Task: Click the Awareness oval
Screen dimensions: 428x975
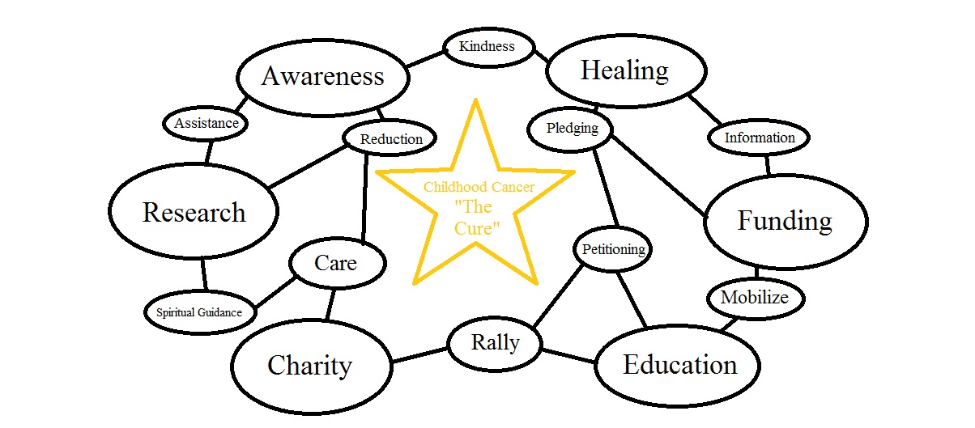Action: (322, 77)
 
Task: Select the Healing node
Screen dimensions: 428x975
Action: (624, 71)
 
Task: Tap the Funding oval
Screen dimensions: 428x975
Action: (785, 221)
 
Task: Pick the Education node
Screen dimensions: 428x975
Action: (679, 366)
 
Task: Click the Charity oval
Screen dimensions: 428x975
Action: (310, 367)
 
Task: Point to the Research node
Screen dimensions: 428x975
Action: (194, 213)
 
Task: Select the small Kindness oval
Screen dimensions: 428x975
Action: (487, 46)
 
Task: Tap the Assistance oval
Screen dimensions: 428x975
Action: (206, 124)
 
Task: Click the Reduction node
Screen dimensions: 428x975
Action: (391, 139)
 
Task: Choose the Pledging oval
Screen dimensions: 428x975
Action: (572, 129)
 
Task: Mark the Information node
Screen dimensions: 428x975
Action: (759, 138)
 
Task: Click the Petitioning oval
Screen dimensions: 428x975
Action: (613, 249)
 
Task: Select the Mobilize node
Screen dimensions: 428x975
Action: (754, 298)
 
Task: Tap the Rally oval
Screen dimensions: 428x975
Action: (495, 343)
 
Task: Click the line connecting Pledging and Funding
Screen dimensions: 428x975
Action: (658, 173)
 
